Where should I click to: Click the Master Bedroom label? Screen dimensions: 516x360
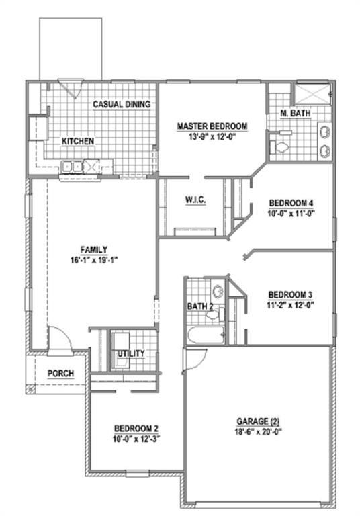[x=212, y=126]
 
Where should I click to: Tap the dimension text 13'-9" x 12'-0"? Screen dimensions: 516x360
[x=212, y=136]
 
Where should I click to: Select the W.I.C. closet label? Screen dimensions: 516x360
[x=195, y=200]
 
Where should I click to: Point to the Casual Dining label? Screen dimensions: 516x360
[x=121, y=105]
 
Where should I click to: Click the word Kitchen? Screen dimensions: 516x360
[x=78, y=142]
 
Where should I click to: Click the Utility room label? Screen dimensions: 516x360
[x=132, y=353]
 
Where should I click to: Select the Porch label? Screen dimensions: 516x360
[x=60, y=374]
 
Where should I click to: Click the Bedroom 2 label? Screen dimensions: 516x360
[x=136, y=428]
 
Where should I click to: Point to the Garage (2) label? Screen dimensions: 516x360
[x=257, y=418]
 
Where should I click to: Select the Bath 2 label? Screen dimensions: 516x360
[x=201, y=307]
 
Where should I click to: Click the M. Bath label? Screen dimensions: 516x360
[x=296, y=114]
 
